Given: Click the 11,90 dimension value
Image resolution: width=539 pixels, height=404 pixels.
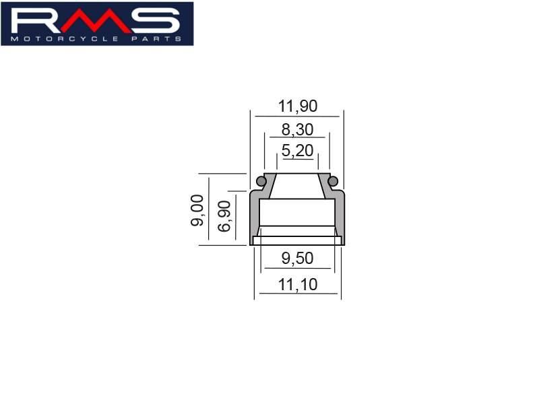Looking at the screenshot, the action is [298, 106].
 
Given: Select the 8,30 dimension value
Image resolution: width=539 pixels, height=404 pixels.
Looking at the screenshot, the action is [298, 130].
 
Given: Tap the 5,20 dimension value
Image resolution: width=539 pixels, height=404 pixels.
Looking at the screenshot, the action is [298, 151].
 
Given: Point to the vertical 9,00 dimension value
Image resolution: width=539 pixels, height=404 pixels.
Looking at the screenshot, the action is [197, 210].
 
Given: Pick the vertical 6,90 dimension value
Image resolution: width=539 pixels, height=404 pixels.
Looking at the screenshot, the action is [224, 216].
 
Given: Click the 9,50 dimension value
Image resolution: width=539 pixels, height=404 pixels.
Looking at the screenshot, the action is [298, 259].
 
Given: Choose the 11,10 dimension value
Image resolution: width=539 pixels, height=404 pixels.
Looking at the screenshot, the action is [298, 285].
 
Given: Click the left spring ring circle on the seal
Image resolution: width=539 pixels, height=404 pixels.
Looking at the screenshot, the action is [261, 180].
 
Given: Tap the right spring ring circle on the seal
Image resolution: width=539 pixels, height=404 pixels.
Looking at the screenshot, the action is [333, 180].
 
